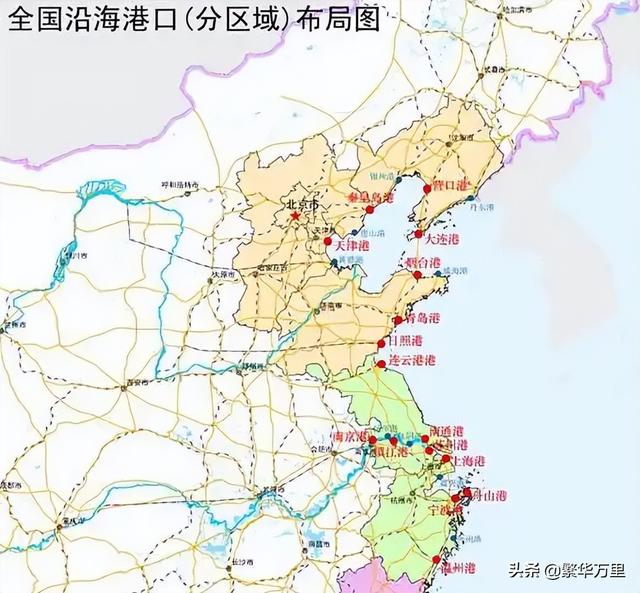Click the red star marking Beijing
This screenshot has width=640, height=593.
(295, 217)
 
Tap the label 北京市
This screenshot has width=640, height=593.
(302, 205)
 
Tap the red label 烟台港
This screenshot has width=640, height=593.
(422, 262)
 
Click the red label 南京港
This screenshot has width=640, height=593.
(350, 437)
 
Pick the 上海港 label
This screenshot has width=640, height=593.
(466, 461)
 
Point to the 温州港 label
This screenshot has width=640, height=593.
(456, 568)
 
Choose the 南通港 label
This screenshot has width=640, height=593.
(445, 430)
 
